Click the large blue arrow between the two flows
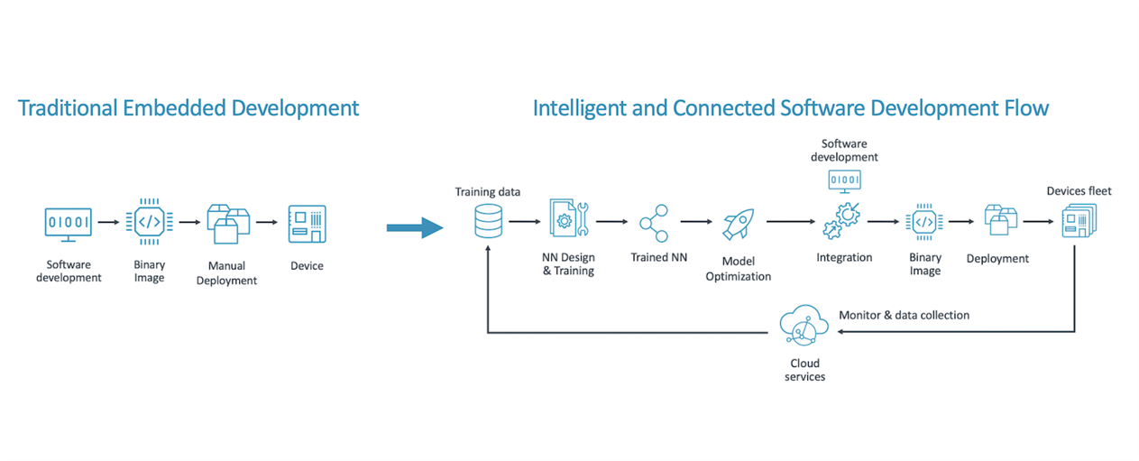click(x=415, y=227)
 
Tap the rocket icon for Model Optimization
click(x=739, y=224)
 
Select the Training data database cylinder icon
click(x=488, y=221)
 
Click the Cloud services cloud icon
click(x=804, y=326)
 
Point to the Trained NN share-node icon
click(x=655, y=223)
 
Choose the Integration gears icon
click(x=841, y=221)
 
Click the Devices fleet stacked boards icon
click(x=1079, y=221)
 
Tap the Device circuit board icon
click(x=308, y=224)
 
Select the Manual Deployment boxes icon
click(x=228, y=224)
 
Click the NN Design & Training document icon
click(x=568, y=217)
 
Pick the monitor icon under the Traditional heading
click(x=69, y=225)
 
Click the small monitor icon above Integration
click(x=845, y=181)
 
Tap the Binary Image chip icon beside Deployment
click(x=924, y=222)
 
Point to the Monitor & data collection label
click(x=905, y=315)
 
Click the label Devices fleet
click(x=1079, y=191)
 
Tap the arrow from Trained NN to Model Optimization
click(x=696, y=222)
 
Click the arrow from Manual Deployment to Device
click(x=267, y=222)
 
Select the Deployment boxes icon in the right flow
click(x=1001, y=220)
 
